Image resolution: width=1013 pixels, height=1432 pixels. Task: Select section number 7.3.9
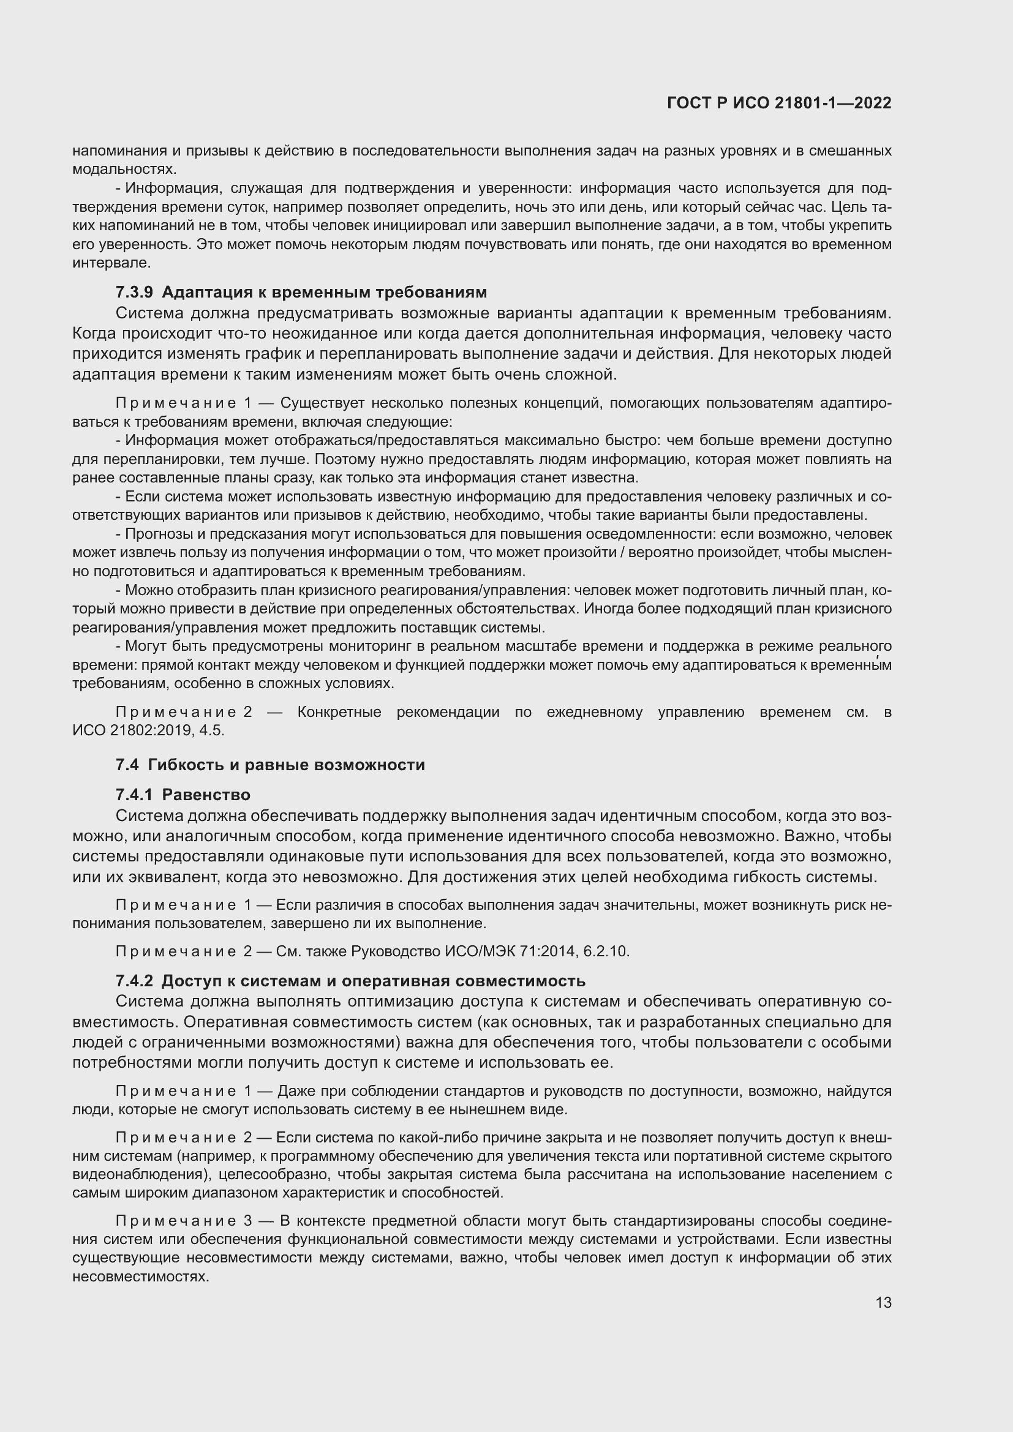(x=134, y=292)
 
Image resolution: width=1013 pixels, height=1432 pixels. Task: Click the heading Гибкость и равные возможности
(x=286, y=765)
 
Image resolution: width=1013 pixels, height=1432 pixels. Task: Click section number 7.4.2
(x=134, y=980)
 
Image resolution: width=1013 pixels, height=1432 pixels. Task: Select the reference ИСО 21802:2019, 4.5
(x=148, y=730)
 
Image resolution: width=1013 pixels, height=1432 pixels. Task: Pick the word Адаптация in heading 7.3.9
(x=200, y=292)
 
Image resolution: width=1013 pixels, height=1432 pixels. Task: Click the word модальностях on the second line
(x=124, y=169)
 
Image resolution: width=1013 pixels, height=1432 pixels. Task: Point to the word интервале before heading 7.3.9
(x=111, y=263)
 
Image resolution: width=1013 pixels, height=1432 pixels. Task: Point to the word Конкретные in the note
(x=339, y=712)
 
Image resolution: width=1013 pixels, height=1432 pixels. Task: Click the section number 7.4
(x=127, y=765)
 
